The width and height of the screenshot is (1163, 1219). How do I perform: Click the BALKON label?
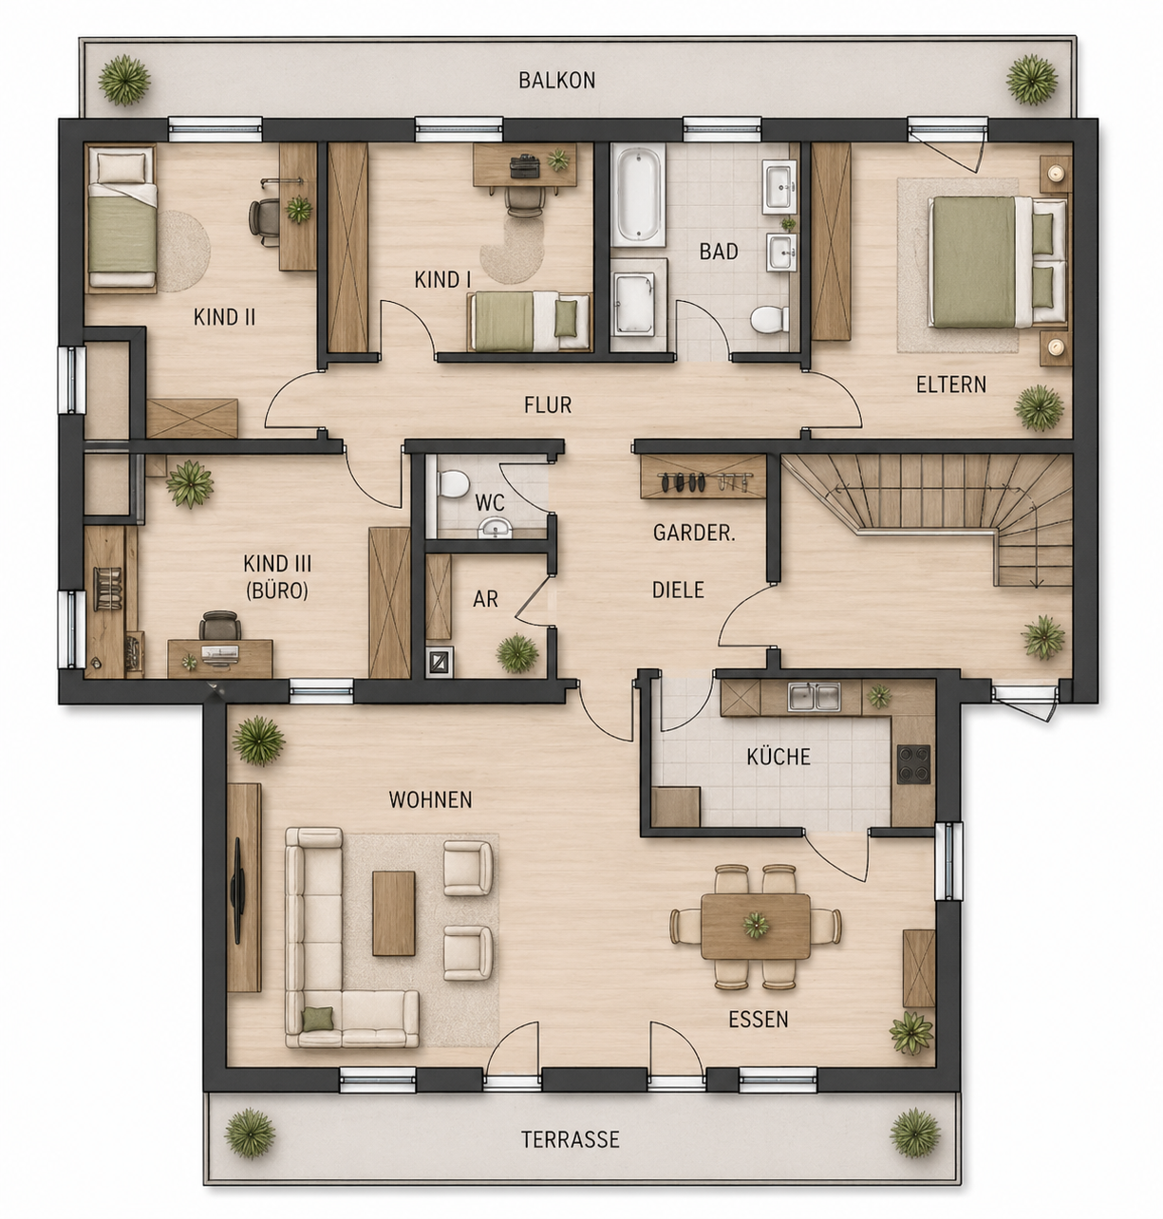(x=556, y=80)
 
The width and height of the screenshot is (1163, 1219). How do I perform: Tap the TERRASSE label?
(x=570, y=1138)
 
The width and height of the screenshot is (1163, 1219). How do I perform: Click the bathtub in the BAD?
(x=638, y=194)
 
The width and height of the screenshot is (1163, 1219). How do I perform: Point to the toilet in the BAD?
(x=768, y=319)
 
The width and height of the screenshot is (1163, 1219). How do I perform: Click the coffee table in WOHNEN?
(x=393, y=912)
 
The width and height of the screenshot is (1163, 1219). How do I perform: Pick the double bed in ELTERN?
(x=996, y=261)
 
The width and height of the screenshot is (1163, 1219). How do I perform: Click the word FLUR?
(x=548, y=405)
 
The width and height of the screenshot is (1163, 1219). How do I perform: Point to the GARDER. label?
(x=694, y=533)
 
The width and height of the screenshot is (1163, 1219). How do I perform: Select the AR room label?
(x=485, y=599)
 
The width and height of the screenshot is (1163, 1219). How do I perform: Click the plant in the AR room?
(x=517, y=653)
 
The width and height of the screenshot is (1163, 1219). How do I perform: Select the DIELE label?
(x=678, y=590)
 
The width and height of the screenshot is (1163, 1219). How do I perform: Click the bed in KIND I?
(x=529, y=322)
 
